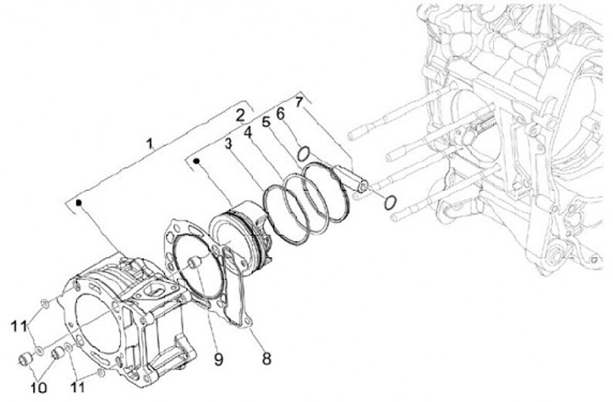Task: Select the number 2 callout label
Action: pos(241,114)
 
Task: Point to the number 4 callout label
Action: pos(248,134)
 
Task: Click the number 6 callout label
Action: pos(281,112)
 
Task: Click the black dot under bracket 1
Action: pos(78,203)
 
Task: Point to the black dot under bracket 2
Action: pos(198,159)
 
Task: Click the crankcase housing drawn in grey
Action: pos(511,145)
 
